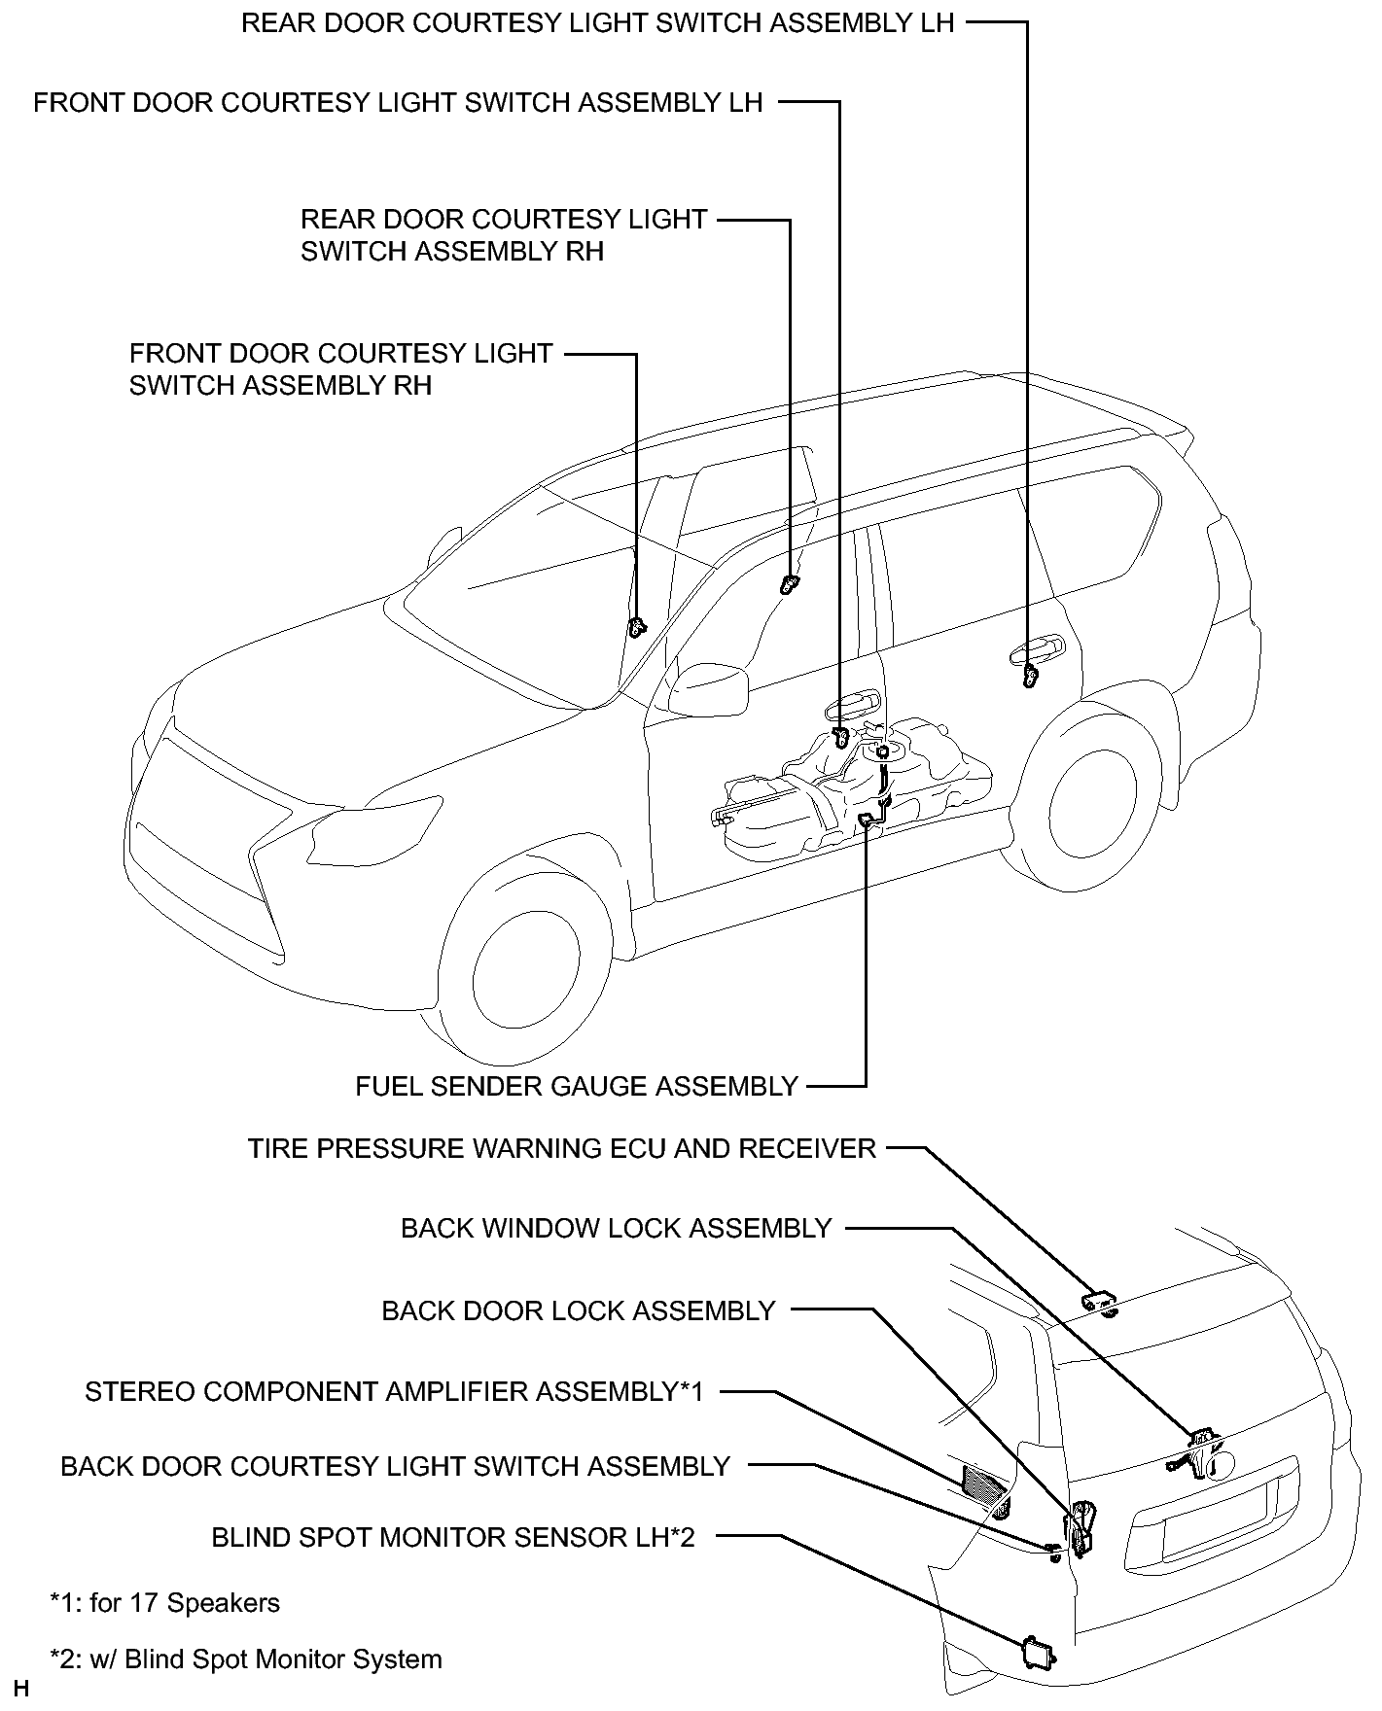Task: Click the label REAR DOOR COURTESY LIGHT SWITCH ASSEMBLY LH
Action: pos(598,23)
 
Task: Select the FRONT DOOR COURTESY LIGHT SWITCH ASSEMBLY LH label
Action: pos(398,102)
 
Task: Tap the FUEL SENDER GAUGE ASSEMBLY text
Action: pos(577,1086)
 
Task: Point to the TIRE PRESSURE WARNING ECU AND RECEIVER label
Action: pos(562,1148)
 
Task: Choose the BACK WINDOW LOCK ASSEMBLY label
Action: pos(617,1228)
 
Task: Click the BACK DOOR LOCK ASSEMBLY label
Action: pos(579,1310)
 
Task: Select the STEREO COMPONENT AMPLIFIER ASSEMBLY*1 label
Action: pos(394,1391)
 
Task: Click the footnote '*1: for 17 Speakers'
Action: pos(164,1602)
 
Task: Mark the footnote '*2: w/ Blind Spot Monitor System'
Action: pos(245,1659)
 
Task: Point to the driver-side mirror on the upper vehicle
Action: pos(709,688)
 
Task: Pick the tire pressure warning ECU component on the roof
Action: pos(1101,1303)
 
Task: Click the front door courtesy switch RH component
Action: pos(637,627)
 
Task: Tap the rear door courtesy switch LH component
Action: pos(1031,674)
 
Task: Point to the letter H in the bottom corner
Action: pos(21,1690)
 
